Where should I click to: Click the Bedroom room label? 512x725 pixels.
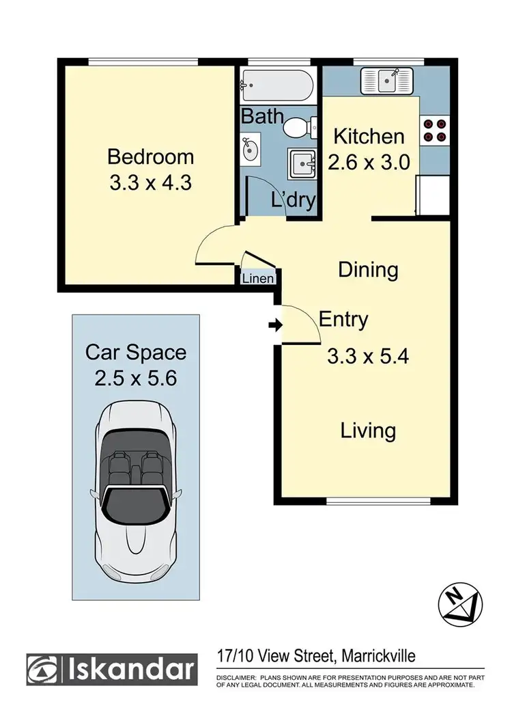150,156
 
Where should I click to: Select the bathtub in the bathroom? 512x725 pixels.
276,86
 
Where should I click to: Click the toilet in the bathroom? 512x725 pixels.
298,127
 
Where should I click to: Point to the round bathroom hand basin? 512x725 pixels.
249,148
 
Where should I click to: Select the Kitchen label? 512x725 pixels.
369,136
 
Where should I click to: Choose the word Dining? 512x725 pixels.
368,269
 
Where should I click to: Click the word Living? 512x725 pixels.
369,430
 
